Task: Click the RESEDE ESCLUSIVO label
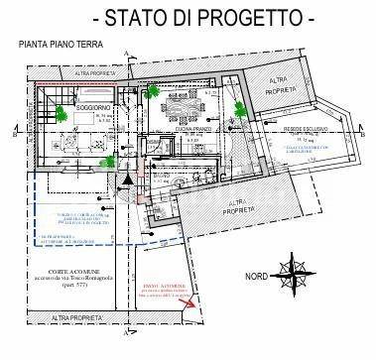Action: pyautogui.click(x=303, y=129)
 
